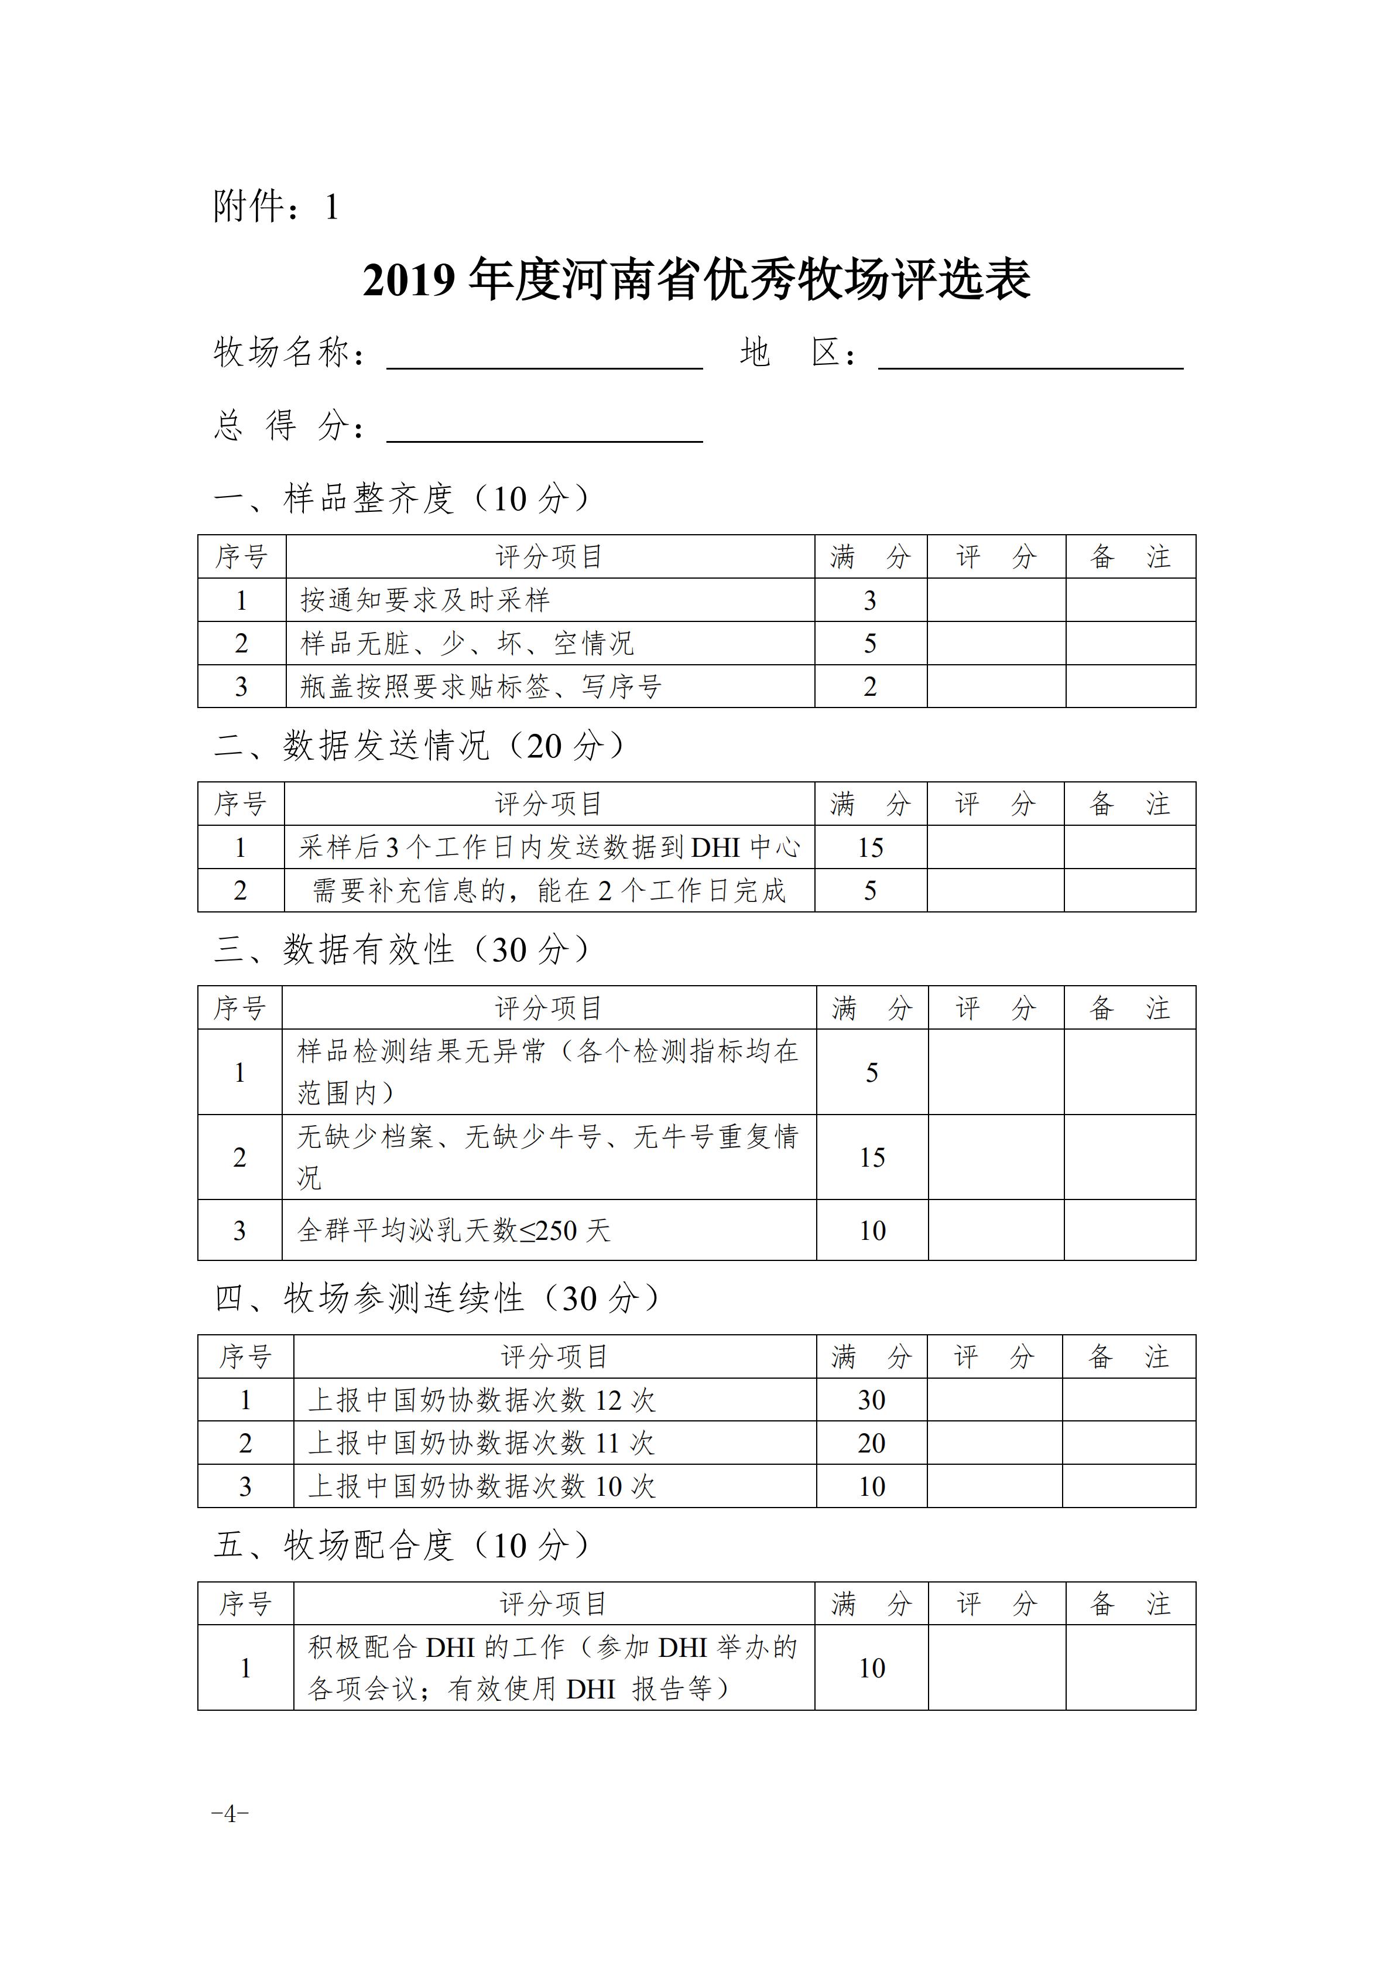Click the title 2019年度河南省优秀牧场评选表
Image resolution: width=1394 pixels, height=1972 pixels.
point(696,280)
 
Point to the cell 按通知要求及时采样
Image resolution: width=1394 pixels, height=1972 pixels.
point(425,600)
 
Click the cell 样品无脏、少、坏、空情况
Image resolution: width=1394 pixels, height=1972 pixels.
point(467,643)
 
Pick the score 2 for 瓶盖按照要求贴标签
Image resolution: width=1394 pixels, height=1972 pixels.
point(869,687)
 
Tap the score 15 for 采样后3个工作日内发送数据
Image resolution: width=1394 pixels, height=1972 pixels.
point(869,847)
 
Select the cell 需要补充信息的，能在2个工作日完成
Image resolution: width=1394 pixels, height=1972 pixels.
point(549,891)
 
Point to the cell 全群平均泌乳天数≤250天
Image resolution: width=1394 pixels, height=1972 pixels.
point(454,1231)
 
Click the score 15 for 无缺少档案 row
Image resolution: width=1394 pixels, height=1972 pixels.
point(871,1158)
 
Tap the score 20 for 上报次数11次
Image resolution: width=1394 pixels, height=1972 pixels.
point(871,1443)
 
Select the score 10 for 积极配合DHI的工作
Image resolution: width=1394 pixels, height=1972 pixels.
point(871,1668)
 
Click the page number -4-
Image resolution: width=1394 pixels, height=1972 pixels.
point(230,1813)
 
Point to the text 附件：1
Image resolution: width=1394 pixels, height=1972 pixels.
point(276,207)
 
